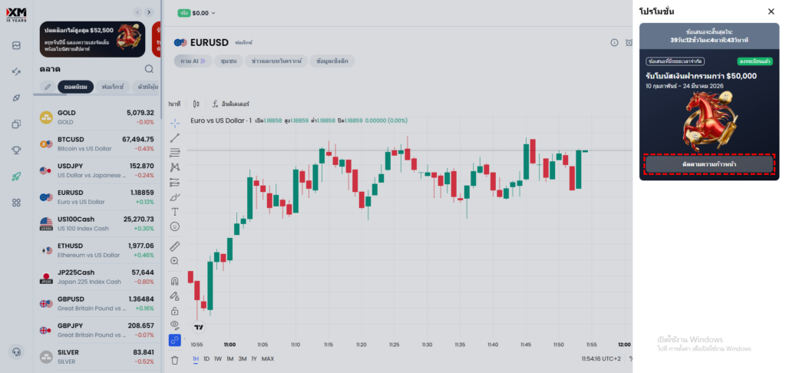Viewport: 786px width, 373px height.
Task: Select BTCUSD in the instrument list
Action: pos(71,139)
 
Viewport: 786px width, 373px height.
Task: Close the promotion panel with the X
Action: pos(771,12)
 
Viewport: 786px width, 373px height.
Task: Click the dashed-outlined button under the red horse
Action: pos(708,164)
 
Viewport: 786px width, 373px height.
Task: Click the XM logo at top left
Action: pos(16,13)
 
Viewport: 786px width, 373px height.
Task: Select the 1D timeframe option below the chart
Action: pos(206,358)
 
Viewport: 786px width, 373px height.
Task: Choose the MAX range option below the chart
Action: pos(268,358)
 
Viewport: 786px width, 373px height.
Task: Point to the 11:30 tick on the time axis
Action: pos(427,345)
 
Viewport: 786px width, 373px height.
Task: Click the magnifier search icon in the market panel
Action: pos(149,69)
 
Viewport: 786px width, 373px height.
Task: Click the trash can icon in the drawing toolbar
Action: pos(174,359)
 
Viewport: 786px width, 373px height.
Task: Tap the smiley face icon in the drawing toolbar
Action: pos(174,226)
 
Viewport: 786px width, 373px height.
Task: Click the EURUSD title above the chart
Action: pos(209,42)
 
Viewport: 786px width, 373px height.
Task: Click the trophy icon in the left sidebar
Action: pos(16,150)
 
